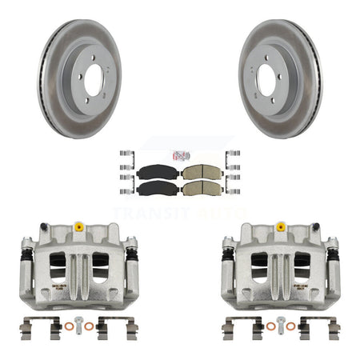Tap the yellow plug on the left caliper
(x=79, y=227)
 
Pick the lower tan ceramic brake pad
(x=194, y=190)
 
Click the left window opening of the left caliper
(x=56, y=268)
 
